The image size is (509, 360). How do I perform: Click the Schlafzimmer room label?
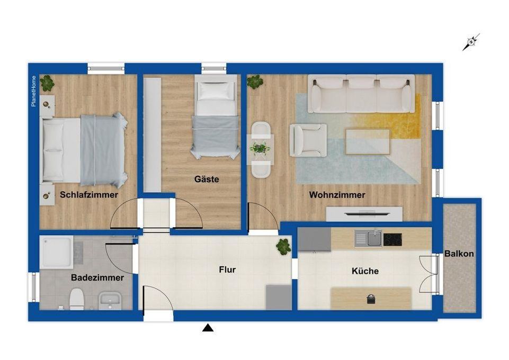[x=89, y=195]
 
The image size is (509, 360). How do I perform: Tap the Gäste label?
[x=207, y=179]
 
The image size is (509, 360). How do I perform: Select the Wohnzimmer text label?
[x=337, y=195]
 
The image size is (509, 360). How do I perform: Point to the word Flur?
[x=227, y=269]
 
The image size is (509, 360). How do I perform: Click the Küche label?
[x=365, y=271]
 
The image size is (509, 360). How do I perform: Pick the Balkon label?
[x=459, y=254]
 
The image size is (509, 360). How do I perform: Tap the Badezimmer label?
[x=97, y=277]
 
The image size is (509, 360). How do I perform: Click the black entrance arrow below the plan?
[x=209, y=329]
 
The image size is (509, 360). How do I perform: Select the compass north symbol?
[x=471, y=42]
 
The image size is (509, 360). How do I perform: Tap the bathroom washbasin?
[x=110, y=300]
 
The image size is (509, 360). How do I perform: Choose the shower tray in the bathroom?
[x=57, y=252]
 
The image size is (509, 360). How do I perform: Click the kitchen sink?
[x=374, y=239]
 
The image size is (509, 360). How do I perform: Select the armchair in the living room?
[x=307, y=139]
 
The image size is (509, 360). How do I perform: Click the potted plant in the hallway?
[x=283, y=246]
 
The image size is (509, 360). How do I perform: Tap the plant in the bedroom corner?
[x=48, y=83]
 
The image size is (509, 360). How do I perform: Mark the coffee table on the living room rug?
[x=368, y=140]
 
